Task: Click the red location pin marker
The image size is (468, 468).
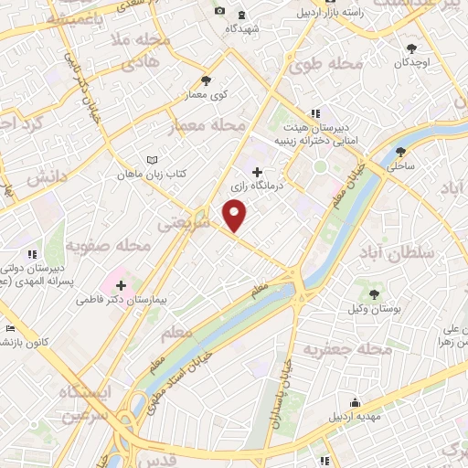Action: click(x=236, y=215)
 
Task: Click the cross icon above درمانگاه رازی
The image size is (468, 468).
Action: click(x=256, y=171)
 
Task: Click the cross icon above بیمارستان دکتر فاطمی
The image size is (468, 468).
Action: click(x=121, y=284)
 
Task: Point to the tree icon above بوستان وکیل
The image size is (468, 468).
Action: click(x=374, y=293)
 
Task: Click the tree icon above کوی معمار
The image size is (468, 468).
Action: click(x=206, y=80)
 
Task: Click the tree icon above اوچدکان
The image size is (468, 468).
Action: click(x=412, y=48)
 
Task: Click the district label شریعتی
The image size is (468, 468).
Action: click(x=185, y=221)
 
